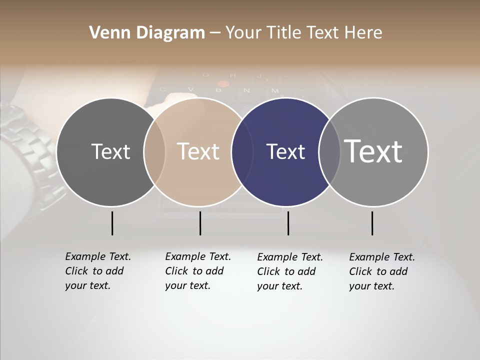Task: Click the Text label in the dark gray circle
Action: coord(110,151)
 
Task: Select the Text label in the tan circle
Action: coord(198,151)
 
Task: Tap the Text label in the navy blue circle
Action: coord(285,151)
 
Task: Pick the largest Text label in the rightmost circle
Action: coord(373,151)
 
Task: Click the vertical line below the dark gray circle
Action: coord(112,223)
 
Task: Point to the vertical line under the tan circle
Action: coord(200,223)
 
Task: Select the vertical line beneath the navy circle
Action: coord(288,223)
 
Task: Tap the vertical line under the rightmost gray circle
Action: coord(372,223)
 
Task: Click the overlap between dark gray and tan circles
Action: coord(154,151)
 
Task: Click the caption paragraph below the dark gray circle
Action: coord(97,271)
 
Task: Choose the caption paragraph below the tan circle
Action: coord(197,271)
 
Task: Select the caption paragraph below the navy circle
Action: coord(289,271)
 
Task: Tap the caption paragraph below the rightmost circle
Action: coord(381,271)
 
